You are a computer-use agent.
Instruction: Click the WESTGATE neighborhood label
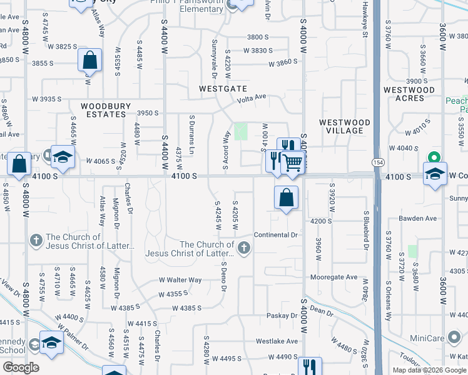point(223,89)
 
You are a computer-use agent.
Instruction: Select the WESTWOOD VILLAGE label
point(344,126)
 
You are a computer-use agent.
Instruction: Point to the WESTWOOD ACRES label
point(409,94)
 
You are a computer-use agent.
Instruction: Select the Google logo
point(20,367)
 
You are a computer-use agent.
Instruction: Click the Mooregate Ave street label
point(334,277)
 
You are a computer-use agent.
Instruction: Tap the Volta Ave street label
point(252,97)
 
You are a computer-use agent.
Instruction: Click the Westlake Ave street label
point(277,342)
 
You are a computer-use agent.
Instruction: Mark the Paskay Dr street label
point(282,316)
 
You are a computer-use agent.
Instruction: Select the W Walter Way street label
point(180,280)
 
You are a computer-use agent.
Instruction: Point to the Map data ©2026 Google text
point(429,370)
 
